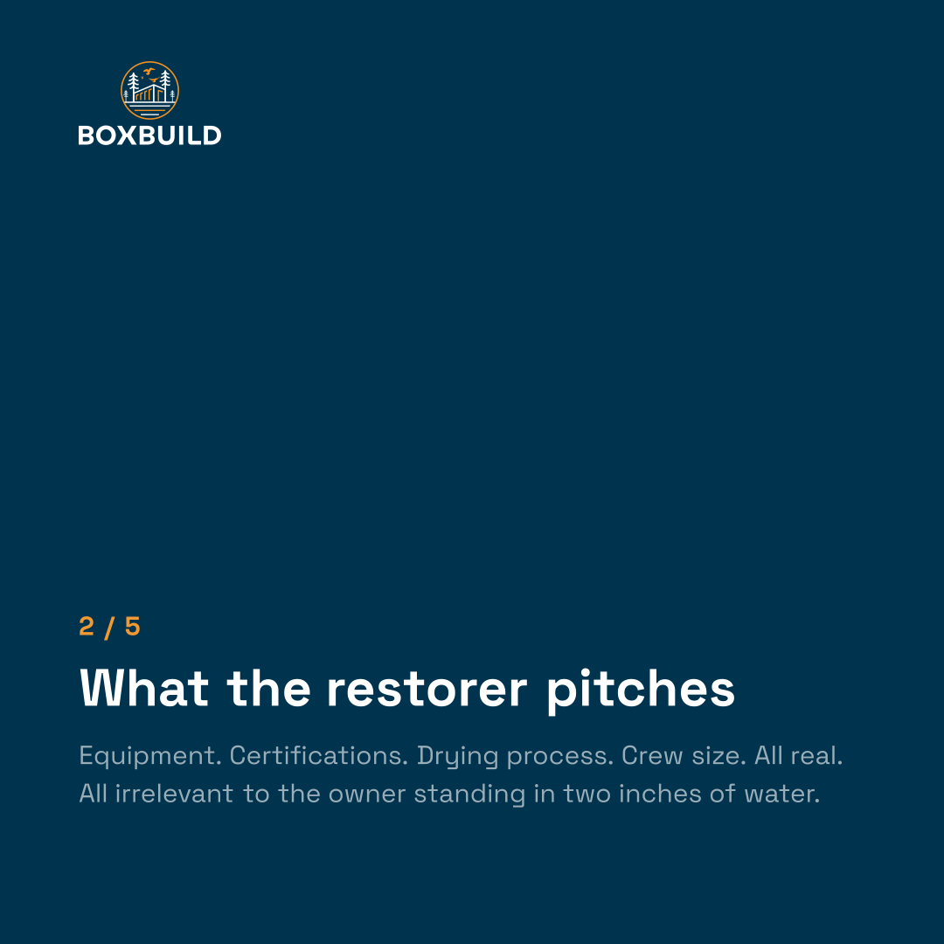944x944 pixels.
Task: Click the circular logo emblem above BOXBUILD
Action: [149, 90]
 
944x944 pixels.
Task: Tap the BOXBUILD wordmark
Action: [149, 135]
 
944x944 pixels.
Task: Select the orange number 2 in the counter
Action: [87, 627]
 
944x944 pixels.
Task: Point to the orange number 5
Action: [133, 627]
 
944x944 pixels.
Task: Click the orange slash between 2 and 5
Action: [109, 628]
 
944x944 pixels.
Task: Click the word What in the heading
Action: [144, 688]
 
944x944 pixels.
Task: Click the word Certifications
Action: [319, 755]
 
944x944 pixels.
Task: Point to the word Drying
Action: [457, 757]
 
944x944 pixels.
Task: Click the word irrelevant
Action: [174, 794]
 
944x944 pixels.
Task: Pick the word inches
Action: [660, 794]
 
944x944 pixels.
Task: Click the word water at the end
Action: [782, 795]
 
